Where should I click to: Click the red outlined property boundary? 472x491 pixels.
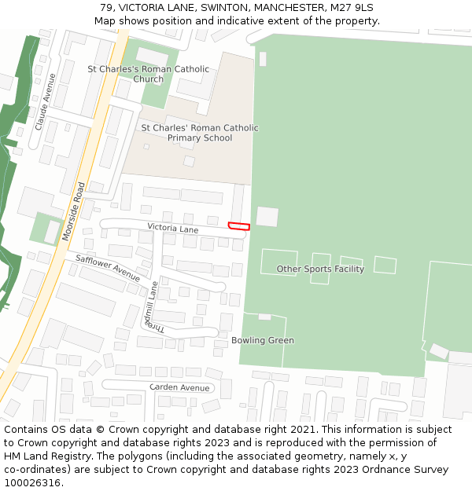click(238, 226)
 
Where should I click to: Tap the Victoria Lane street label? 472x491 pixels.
click(173, 229)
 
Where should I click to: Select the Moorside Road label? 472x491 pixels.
click(73, 212)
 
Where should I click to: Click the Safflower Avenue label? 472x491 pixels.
click(108, 269)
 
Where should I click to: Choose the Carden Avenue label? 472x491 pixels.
click(179, 387)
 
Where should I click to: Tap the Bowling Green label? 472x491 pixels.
click(263, 340)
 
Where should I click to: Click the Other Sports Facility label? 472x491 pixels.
click(320, 269)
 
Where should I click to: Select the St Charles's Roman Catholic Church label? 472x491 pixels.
click(149, 74)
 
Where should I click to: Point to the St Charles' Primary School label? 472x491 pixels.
click(200, 133)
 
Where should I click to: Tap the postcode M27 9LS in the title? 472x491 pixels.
click(352, 8)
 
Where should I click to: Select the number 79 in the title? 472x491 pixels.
click(107, 8)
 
